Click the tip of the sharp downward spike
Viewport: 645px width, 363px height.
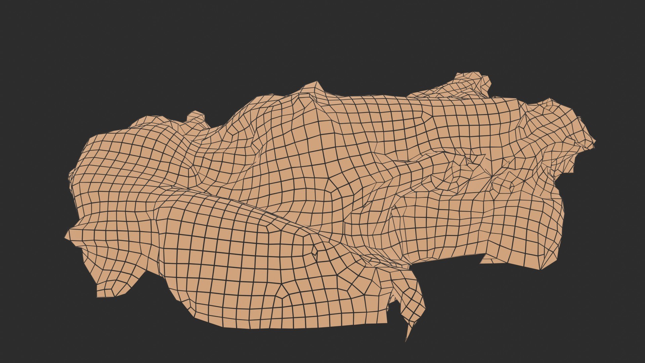pos(406,341)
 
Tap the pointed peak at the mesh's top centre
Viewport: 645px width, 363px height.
pos(316,82)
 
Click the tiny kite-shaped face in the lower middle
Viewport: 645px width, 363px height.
pos(315,250)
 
